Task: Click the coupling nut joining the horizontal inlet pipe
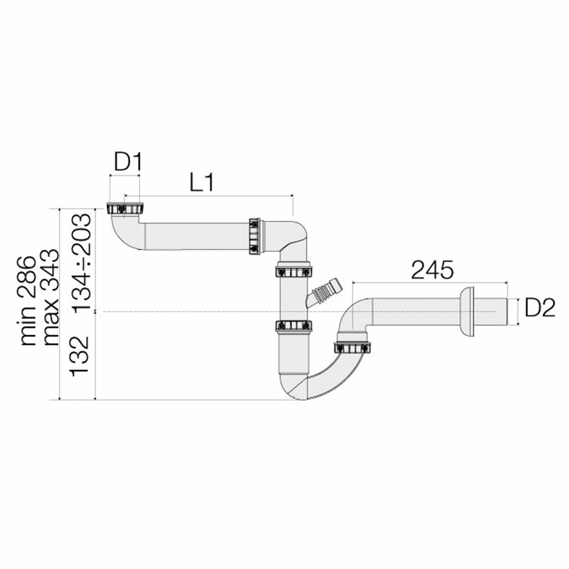click(254, 236)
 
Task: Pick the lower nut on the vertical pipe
click(294, 326)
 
